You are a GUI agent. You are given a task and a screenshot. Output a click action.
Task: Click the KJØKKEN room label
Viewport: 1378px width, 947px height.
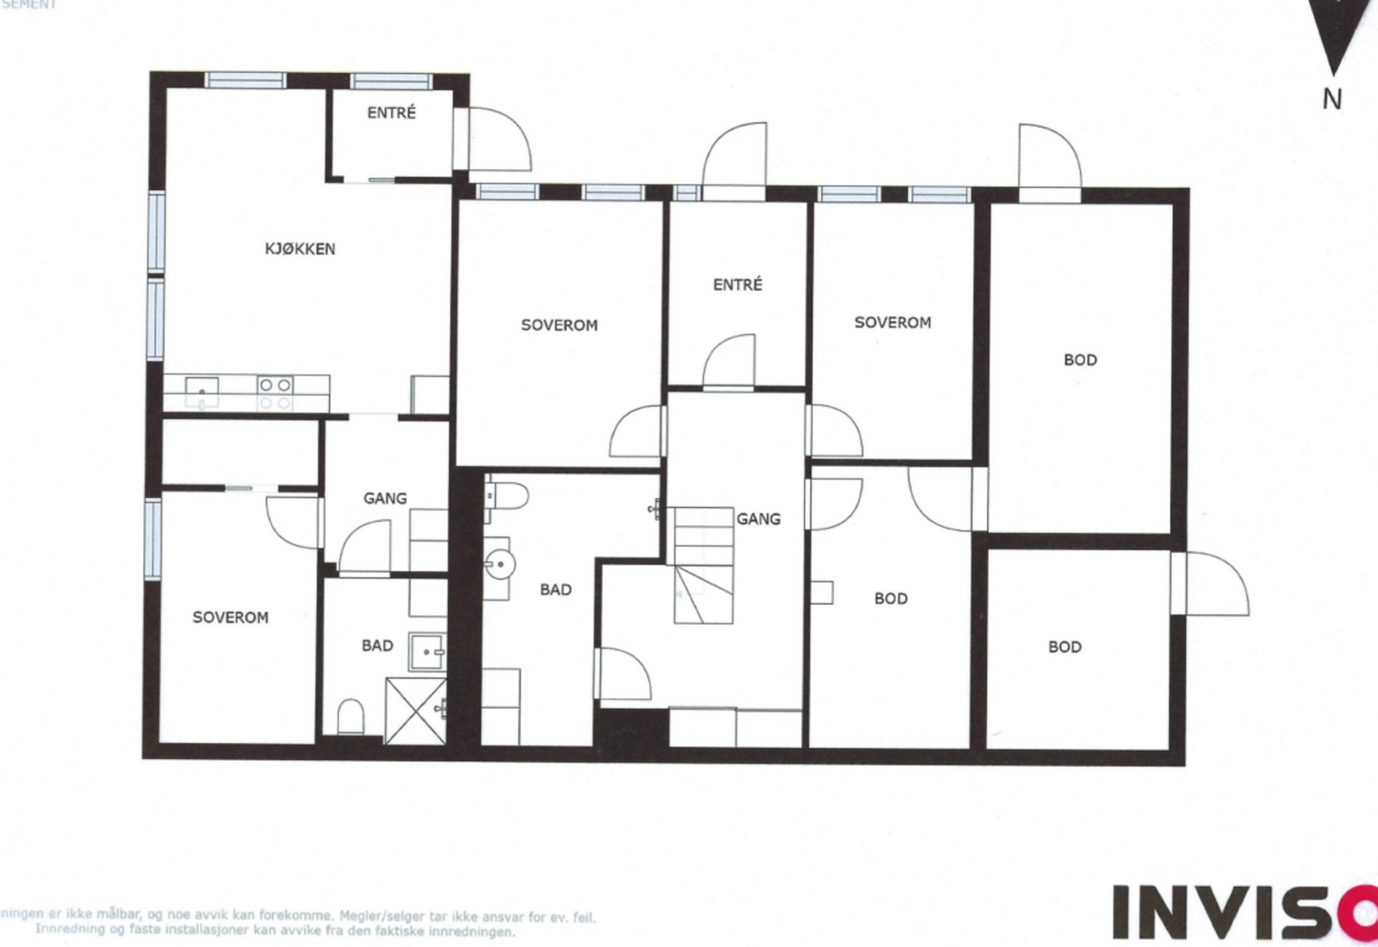pyautogui.click(x=300, y=249)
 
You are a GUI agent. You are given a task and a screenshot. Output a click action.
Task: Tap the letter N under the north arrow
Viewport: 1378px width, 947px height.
pyautogui.click(x=1331, y=100)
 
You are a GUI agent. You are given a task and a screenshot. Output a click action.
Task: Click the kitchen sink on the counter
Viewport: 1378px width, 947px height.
pyautogui.click(x=202, y=387)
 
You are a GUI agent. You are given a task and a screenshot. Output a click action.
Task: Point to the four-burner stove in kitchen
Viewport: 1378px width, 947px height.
pyautogui.click(x=276, y=393)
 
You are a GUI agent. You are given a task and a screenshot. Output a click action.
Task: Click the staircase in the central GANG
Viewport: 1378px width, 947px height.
pyautogui.click(x=703, y=564)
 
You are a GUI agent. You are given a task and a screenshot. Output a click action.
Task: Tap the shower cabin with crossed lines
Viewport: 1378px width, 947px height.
pyautogui.click(x=414, y=709)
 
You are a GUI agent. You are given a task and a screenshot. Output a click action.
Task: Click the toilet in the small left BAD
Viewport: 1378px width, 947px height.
pyautogui.click(x=350, y=716)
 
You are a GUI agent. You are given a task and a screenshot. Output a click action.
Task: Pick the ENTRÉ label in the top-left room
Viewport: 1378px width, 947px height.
pyautogui.click(x=391, y=113)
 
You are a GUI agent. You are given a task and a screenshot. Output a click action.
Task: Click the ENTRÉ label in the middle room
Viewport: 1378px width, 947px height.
pyautogui.click(x=737, y=285)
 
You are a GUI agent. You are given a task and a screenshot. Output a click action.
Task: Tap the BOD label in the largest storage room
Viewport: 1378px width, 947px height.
pyautogui.click(x=1080, y=360)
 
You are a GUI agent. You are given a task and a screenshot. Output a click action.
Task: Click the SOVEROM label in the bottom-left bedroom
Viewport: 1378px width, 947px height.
pyautogui.click(x=230, y=617)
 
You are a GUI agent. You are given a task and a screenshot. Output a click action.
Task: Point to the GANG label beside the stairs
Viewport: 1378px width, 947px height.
pyautogui.click(x=758, y=519)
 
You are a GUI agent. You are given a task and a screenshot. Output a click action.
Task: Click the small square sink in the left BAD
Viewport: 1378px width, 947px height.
pyautogui.click(x=426, y=652)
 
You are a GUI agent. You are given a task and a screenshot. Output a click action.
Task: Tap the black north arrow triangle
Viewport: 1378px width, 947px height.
pyautogui.click(x=1336, y=34)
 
